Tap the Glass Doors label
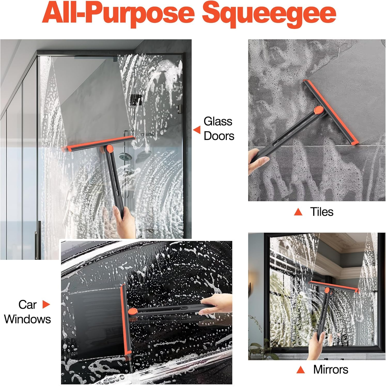click(219, 128)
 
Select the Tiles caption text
click(322, 212)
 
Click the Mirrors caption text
click(330, 369)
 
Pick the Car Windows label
click(27, 312)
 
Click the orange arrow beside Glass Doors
click(197, 130)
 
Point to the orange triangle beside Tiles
click(298, 212)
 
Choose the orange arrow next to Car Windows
click(46, 304)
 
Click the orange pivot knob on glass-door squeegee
click(110, 148)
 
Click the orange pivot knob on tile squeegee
click(318, 110)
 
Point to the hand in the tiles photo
click(257, 161)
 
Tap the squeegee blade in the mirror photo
click(334, 287)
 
